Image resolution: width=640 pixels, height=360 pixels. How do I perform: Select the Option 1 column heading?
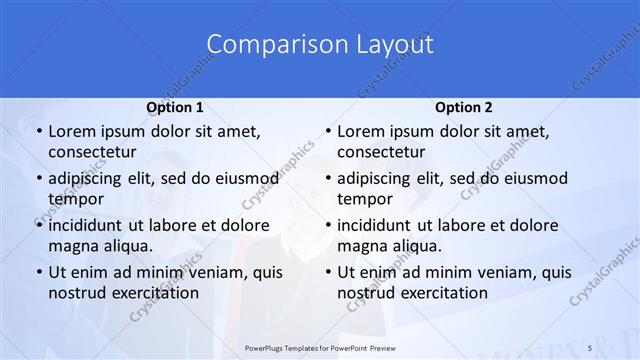coord(175,107)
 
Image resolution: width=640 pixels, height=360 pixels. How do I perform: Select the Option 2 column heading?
coord(463,107)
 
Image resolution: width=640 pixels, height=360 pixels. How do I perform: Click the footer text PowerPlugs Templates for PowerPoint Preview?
coord(320,346)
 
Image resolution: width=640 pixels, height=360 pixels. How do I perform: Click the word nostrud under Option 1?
coord(77,293)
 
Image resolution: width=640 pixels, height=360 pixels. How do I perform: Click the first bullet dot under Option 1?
coord(37,132)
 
